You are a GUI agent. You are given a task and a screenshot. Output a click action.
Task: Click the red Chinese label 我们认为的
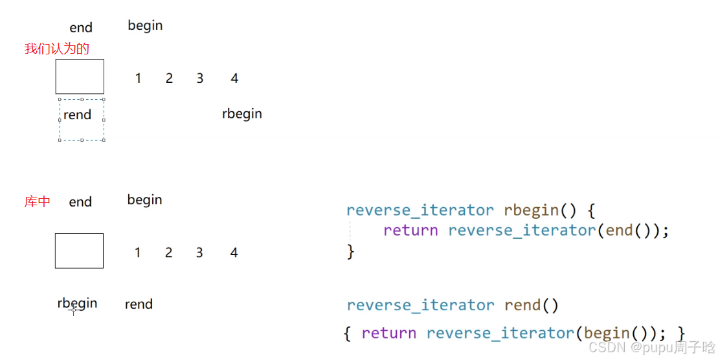pos(57,49)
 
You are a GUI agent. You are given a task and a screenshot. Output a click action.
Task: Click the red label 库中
pos(38,202)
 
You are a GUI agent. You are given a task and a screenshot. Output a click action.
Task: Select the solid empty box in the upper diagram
pos(80,76)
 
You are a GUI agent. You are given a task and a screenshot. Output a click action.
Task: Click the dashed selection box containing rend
pos(82,120)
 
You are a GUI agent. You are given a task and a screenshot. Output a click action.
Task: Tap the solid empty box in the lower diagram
pos(79,251)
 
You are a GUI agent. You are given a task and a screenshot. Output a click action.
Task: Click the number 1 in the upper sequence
pos(138,78)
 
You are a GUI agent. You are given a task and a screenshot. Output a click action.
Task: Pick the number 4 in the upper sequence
pos(234,78)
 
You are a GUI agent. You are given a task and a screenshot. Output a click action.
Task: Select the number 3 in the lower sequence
pos(199,253)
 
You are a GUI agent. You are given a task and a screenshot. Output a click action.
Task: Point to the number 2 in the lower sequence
pos(168,253)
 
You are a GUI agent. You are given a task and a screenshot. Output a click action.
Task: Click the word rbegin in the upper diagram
pos(242,114)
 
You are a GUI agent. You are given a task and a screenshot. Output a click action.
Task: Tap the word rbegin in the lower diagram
pos(78,303)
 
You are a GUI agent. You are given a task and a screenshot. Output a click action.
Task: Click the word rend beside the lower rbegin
pos(139,304)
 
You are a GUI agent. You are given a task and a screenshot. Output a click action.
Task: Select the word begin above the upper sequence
pos(145,26)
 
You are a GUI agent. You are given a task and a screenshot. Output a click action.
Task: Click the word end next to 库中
pos(80,202)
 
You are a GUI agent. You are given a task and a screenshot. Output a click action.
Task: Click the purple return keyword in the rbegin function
pos(410,231)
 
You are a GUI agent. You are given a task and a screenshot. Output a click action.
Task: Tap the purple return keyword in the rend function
pos(388,333)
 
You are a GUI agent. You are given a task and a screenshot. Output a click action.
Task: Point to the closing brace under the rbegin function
pos(351,251)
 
